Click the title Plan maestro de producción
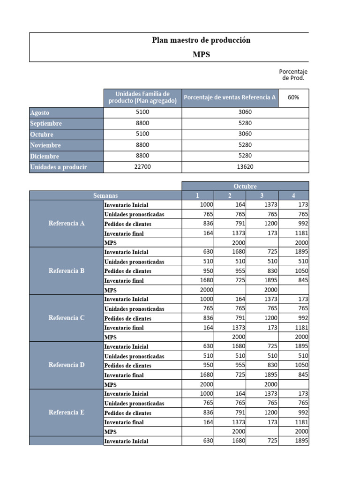point(201,40)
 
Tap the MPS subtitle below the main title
point(201,54)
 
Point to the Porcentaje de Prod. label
point(293,75)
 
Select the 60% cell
point(293,97)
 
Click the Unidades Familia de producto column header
point(142,97)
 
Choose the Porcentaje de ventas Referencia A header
point(230,97)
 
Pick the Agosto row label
point(40,113)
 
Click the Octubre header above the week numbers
point(245,186)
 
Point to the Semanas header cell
point(105,195)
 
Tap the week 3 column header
point(262,195)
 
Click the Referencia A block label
point(67,224)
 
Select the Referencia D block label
point(67,365)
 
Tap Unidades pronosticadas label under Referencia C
point(134,309)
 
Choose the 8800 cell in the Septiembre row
point(142,124)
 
